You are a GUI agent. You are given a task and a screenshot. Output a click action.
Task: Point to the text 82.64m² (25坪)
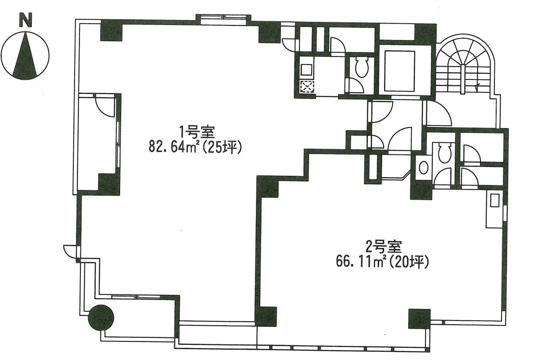point(195,147)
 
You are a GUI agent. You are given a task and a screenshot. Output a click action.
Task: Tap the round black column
point(102,317)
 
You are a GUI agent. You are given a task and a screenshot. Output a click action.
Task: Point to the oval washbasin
point(424,168)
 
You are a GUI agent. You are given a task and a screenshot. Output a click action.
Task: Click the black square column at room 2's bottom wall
point(419,318)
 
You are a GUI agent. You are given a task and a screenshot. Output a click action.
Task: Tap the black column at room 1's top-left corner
point(111,30)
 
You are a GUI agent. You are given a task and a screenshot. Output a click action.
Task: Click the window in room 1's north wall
point(223,18)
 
